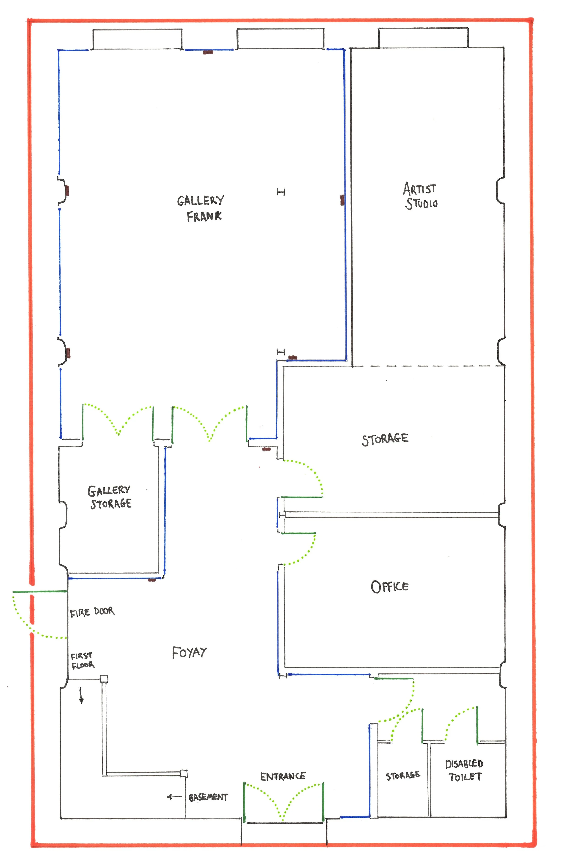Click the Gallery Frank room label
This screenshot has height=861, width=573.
click(201, 208)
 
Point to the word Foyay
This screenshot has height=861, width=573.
click(189, 653)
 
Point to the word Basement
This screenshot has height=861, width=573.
click(208, 797)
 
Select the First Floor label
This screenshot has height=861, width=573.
click(83, 661)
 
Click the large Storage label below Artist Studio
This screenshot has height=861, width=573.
click(385, 440)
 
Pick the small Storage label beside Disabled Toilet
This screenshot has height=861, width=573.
click(403, 775)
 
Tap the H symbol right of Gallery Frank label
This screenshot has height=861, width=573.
click(281, 192)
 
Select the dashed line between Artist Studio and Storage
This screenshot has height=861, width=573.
click(427, 366)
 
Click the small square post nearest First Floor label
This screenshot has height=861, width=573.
click(104, 679)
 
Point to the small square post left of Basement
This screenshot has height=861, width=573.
click(184, 773)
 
